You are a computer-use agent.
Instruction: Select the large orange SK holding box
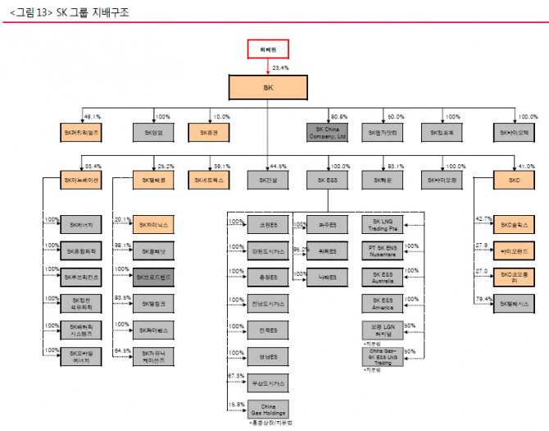tap(268, 87)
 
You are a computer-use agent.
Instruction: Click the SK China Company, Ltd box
tap(327, 131)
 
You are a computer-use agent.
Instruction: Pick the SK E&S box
tap(327, 179)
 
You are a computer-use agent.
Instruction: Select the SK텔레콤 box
tap(153, 179)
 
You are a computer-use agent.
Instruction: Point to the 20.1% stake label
tap(122, 219)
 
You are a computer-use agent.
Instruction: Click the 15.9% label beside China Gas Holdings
tap(235, 403)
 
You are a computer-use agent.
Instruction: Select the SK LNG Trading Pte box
tap(385, 224)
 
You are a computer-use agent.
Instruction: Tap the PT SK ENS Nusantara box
tap(385, 250)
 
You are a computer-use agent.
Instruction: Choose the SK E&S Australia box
tap(385, 277)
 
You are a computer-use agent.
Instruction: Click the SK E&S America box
tap(385, 304)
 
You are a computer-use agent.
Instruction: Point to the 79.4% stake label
tap(484, 299)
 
